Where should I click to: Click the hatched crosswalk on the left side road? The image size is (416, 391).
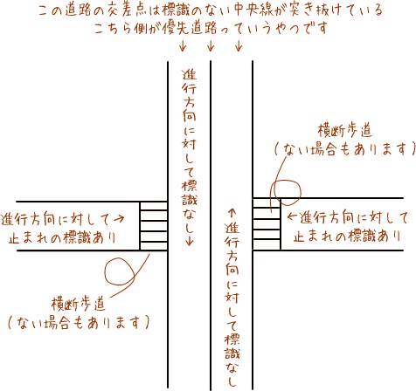pos(154,226)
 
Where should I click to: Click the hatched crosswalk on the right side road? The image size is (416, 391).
pos(267,224)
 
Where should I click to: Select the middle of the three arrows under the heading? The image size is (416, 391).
pos(211,45)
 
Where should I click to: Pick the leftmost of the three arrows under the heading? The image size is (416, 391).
pos(183,45)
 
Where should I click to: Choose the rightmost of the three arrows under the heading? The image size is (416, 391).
pos(239,45)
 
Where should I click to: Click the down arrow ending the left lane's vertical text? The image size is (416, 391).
pos(190,240)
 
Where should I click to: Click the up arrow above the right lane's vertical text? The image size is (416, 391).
pos(232,213)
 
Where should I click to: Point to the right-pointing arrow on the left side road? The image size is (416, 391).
pos(119,218)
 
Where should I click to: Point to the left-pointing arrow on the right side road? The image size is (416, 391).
pos(292,216)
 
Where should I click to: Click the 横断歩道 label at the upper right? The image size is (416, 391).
pos(345,131)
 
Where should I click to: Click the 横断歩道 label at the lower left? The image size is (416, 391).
pos(78,305)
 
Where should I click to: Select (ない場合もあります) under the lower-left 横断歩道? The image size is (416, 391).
pos(78,322)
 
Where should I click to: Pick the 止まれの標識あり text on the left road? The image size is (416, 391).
pos(62,237)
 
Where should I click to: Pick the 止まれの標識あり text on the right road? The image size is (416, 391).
pos(347,236)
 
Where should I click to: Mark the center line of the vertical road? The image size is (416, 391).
pos(211,225)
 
